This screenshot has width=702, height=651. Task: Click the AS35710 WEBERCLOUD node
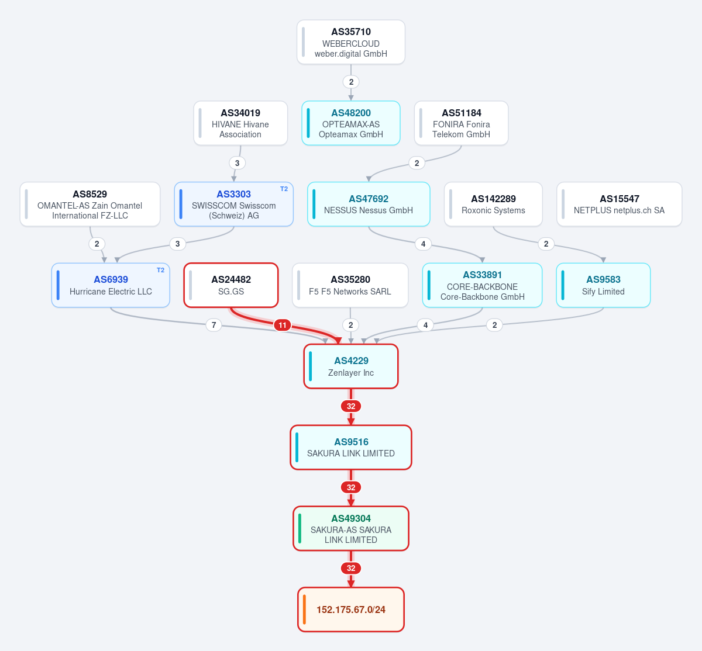pos(350,42)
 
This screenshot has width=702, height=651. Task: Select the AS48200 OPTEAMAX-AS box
pos(350,123)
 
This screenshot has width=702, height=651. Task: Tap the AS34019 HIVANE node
pos(240,123)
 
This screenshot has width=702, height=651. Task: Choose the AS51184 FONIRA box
pos(462,123)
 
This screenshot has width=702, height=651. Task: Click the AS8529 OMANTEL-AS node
pos(90,204)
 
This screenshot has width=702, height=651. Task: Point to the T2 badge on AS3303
pos(284,189)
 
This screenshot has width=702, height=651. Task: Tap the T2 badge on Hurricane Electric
pos(160,270)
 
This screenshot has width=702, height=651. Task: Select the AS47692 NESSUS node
pos(369,204)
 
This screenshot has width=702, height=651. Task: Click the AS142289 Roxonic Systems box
pos(493,204)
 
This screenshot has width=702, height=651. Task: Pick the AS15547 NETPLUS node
pos(620,204)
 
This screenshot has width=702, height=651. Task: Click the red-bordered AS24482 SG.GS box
pos(231,285)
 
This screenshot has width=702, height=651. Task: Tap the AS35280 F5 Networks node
pos(350,285)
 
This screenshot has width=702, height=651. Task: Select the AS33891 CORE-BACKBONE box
pos(482,285)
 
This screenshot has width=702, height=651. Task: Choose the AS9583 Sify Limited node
pos(603,285)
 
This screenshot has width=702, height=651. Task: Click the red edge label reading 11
pos(283,325)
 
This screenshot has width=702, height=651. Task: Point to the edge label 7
pos(214,325)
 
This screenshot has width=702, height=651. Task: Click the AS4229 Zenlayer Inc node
pos(351,366)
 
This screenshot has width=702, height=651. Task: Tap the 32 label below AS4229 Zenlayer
pos(351,406)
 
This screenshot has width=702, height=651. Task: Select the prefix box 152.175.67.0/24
pos(351,610)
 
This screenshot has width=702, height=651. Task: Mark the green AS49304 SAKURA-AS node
pos(351,528)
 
